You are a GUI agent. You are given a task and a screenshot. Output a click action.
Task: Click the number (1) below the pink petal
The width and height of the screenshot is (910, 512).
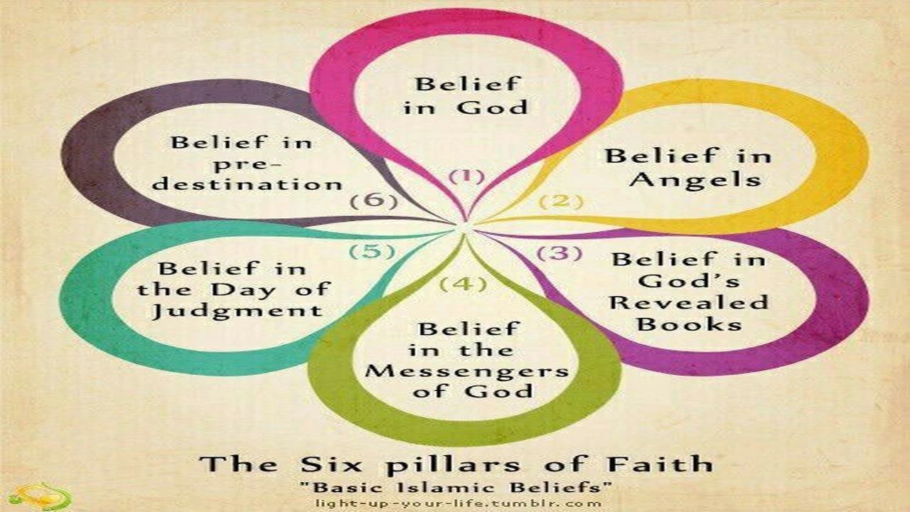pos(467,177)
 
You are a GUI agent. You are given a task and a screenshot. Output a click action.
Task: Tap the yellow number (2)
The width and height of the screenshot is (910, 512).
pos(561,201)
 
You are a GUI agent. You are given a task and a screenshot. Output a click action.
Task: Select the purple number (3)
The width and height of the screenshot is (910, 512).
pos(560,253)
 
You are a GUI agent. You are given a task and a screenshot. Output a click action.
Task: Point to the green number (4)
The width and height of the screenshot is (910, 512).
pos(464,284)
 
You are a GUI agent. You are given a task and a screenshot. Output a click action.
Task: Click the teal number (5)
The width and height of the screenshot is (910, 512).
pos(372,251)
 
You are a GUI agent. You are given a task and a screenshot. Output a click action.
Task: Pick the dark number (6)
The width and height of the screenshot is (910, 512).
pos(374,201)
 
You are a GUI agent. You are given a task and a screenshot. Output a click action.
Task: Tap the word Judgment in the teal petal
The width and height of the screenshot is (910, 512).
pos(237,311)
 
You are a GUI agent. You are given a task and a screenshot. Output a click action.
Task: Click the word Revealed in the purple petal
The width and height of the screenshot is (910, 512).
pos(689,303)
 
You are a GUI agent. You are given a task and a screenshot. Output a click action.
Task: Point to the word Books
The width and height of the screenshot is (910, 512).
pos(690,324)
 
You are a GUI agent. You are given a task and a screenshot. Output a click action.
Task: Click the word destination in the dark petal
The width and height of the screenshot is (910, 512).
pos(247,184)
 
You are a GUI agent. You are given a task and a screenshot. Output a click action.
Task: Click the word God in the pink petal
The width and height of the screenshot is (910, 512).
pos(492,107)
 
